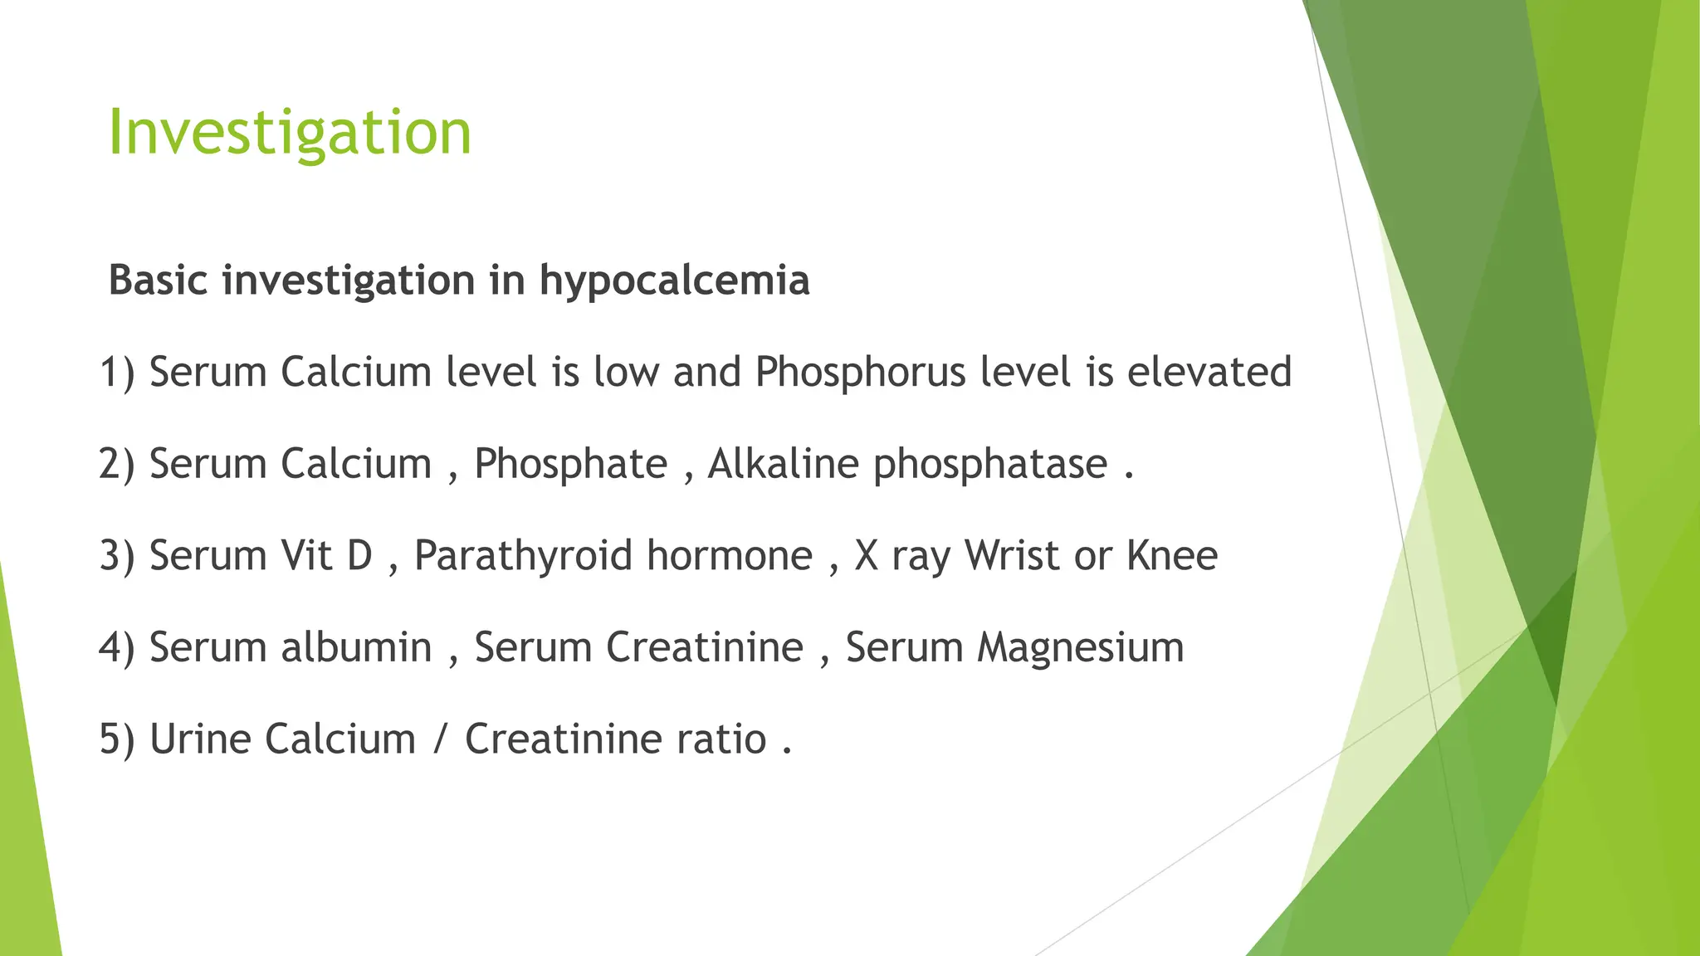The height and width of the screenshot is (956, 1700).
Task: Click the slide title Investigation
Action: [290, 133]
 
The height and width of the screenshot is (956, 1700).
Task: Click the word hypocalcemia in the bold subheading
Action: [674, 280]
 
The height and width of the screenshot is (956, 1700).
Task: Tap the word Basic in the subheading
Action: [158, 280]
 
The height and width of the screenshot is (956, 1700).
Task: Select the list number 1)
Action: [117, 372]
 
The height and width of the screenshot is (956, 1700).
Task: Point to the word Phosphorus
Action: [860, 372]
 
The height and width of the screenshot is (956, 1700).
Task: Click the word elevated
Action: [1209, 372]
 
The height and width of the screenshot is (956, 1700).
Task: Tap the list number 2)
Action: [117, 464]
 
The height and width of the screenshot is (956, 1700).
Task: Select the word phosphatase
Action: [990, 464]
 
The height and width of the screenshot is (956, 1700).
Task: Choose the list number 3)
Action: [117, 556]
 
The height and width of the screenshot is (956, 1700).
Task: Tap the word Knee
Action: [1171, 556]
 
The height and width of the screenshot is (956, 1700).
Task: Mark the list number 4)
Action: [117, 648]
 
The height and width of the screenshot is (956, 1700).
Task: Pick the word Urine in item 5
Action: [199, 739]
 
